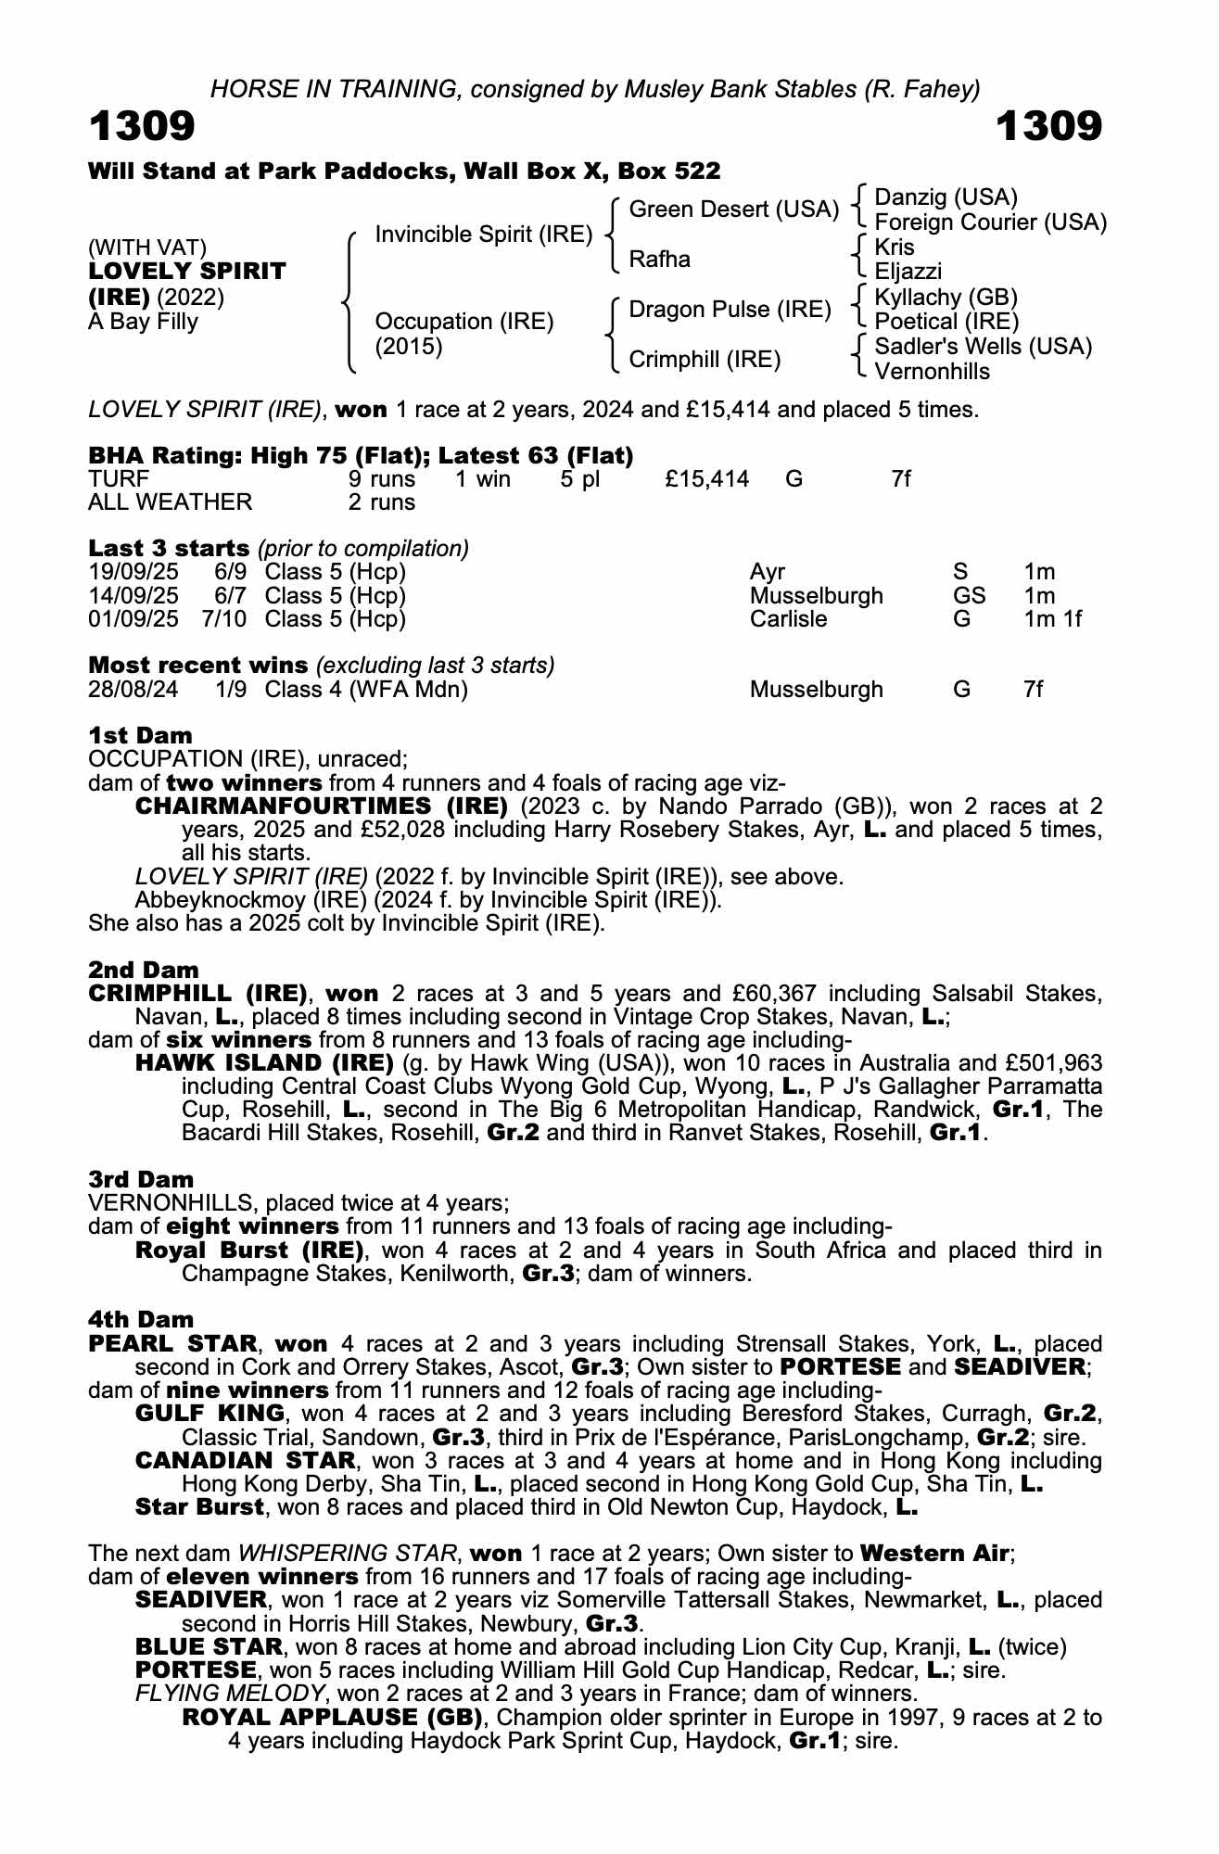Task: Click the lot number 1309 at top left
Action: tap(142, 127)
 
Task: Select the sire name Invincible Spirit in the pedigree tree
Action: tap(483, 235)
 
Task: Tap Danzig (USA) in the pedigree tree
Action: tap(946, 197)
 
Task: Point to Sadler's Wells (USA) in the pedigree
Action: tap(983, 347)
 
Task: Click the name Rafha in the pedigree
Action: tap(659, 260)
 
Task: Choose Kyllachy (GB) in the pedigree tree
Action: tap(946, 298)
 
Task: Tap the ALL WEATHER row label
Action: tap(170, 502)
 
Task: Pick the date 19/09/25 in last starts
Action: tap(133, 572)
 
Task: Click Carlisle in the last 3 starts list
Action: tap(788, 619)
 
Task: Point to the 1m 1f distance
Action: tap(1052, 619)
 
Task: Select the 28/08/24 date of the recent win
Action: tap(133, 690)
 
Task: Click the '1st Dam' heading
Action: tap(140, 735)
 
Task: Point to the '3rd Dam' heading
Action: tap(141, 1179)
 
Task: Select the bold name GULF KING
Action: tap(210, 1414)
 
